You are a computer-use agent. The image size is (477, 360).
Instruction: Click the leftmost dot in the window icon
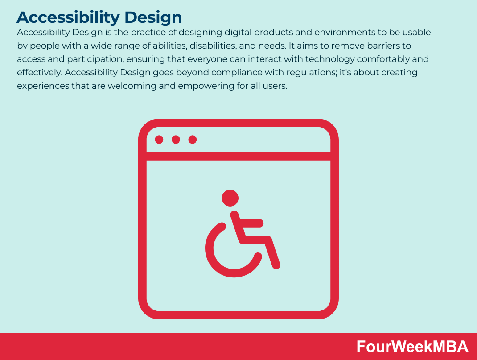159,140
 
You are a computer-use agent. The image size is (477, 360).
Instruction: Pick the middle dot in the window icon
176,140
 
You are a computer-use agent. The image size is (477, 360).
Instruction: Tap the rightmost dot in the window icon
193,140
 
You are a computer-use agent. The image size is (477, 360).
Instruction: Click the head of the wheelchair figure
230,198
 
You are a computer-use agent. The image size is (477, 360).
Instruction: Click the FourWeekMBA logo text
412,347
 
